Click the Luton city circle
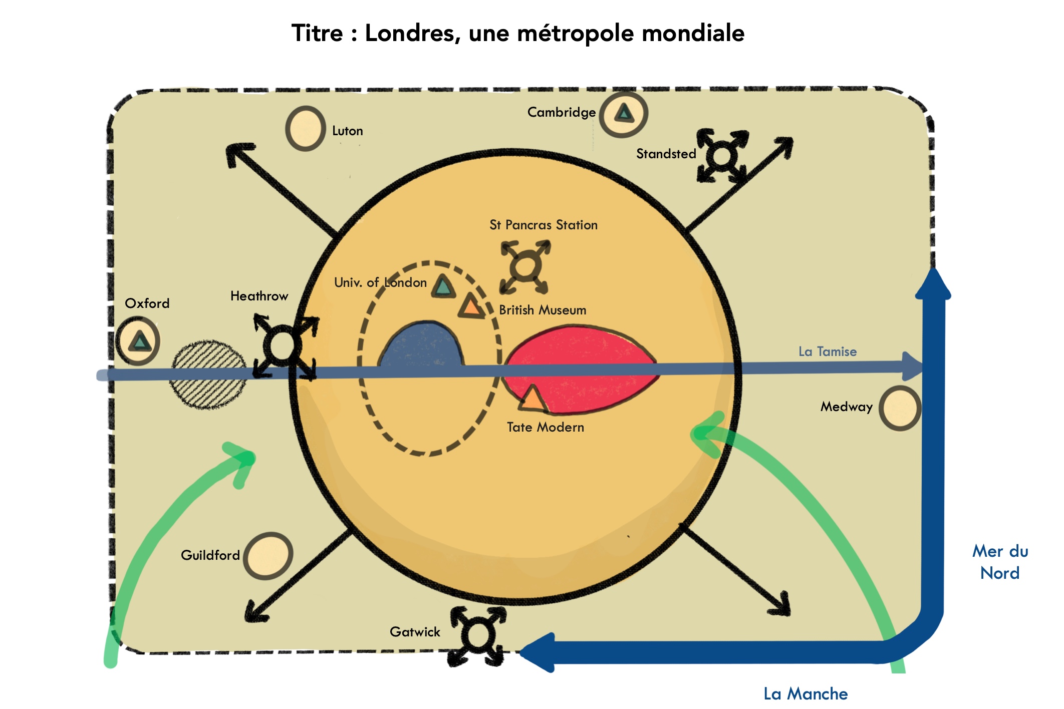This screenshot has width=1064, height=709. click(x=305, y=129)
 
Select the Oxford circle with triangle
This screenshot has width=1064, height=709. click(x=138, y=341)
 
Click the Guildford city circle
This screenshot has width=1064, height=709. click(x=269, y=556)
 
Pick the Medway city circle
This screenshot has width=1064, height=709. click(x=900, y=408)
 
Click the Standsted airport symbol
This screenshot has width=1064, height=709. click(x=722, y=156)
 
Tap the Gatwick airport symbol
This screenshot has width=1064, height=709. click(x=478, y=635)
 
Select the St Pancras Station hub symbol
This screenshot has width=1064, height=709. click(x=525, y=266)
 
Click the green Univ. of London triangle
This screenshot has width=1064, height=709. click(x=443, y=287)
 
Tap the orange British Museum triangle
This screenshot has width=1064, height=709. click(x=471, y=306)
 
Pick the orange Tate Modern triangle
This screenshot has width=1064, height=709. click(x=532, y=399)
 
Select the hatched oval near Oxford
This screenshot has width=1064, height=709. click(x=208, y=374)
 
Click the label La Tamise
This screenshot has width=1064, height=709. click(x=828, y=351)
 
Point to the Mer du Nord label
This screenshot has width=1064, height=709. click(x=1000, y=562)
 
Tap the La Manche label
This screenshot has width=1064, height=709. click(x=806, y=693)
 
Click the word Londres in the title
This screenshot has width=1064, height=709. click(x=412, y=34)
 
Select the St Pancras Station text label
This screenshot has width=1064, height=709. click(x=544, y=225)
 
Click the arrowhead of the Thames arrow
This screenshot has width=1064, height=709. click(x=913, y=366)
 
